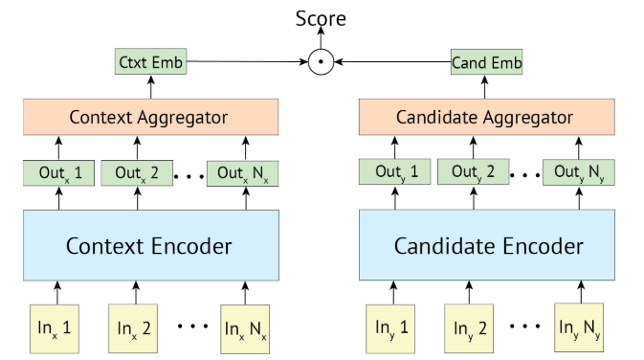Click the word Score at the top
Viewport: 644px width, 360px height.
coord(321,17)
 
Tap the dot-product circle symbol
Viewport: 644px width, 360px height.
coord(322,64)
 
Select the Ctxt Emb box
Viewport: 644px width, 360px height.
coord(149,64)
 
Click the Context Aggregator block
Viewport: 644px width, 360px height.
coord(149,118)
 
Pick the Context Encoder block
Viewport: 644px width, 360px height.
coord(149,246)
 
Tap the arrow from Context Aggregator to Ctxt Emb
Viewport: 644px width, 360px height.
coord(149,87)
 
